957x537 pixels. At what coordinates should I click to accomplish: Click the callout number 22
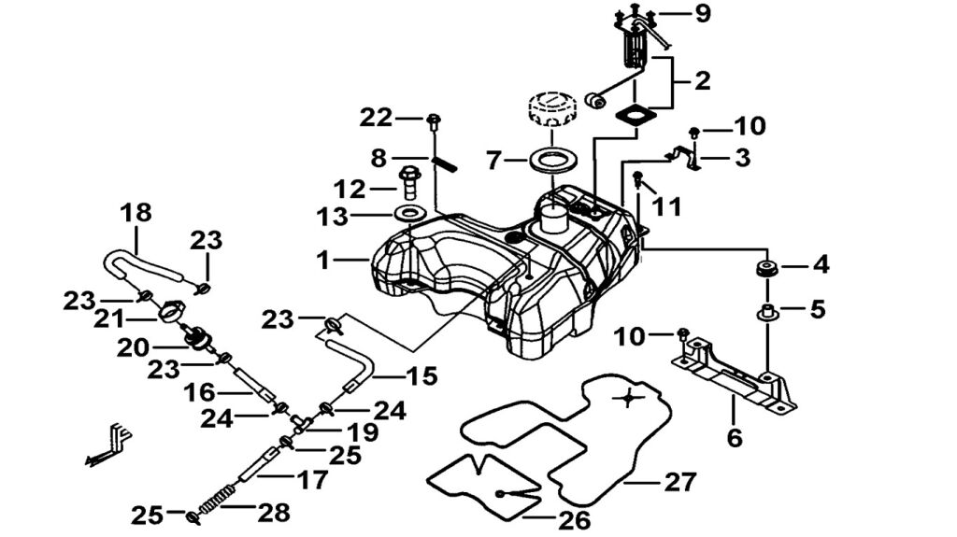point(377,118)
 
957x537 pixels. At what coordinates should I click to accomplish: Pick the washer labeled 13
point(407,215)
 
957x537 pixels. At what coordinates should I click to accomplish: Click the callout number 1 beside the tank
point(323,260)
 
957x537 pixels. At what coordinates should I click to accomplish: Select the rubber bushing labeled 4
point(768,270)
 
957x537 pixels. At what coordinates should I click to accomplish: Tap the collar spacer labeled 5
point(768,311)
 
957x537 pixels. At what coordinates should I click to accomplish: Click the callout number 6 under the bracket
point(735,437)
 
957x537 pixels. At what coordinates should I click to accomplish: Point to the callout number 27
point(681,482)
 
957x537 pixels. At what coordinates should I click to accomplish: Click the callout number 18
point(135,212)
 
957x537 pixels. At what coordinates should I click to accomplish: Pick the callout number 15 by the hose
point(421,376)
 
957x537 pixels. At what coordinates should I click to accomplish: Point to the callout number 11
point(666,207)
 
